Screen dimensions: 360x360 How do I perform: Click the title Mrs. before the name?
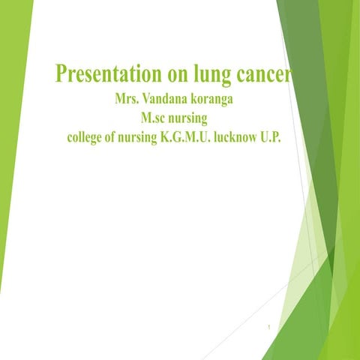[x=126, y=101]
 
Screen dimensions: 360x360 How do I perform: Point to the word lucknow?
[x=240, y=138]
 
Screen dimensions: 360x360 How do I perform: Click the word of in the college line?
[x=106, y=138]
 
